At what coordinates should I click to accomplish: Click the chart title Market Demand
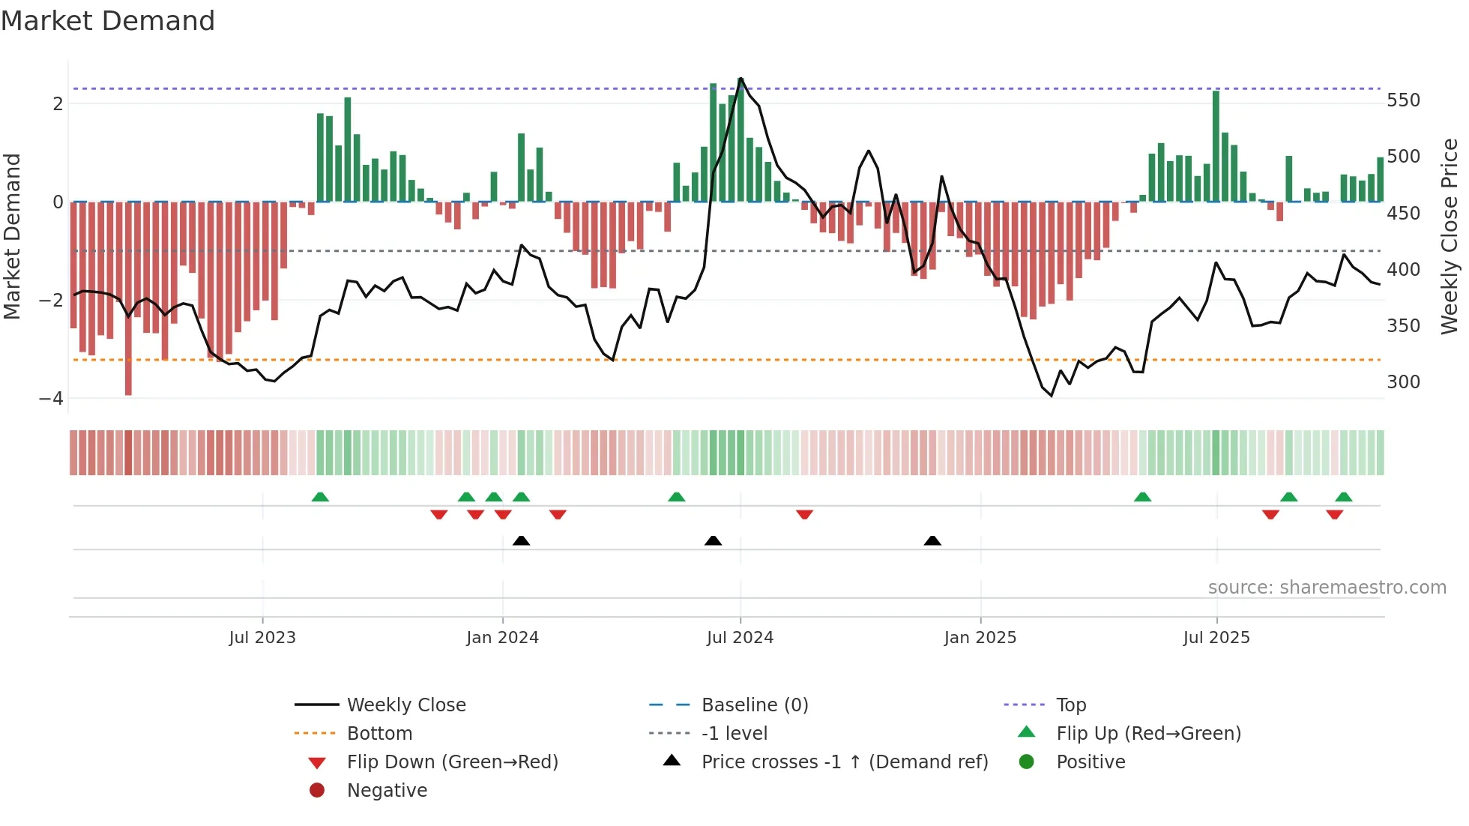pos(108,21)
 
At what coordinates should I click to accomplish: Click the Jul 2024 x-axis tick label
pos(740,638)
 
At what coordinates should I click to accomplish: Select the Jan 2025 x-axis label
pos(980,638)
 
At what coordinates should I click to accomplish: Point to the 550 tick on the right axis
pos(1403,100)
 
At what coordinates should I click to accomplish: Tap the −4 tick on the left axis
pos(52,398)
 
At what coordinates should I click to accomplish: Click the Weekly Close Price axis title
pos(1450,236)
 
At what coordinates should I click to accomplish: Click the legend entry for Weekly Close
pos(405,705)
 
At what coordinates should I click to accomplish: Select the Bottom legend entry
pos(379,734)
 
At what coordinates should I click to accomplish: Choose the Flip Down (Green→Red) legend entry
pos(452,762)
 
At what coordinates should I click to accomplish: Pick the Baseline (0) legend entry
pos(754,705)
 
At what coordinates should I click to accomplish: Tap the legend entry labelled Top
pos(1071,705)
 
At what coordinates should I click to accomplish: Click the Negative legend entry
pos(387,791)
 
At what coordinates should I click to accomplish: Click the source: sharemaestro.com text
pos(1327,588)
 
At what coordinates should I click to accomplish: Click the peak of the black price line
pos(740,79)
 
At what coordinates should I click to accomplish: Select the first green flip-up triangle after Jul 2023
pos(320,497)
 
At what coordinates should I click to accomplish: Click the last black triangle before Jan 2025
pos(932,540)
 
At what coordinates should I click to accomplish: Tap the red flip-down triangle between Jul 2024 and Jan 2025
pos(804,514)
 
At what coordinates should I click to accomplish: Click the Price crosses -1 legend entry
pos(844,762)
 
